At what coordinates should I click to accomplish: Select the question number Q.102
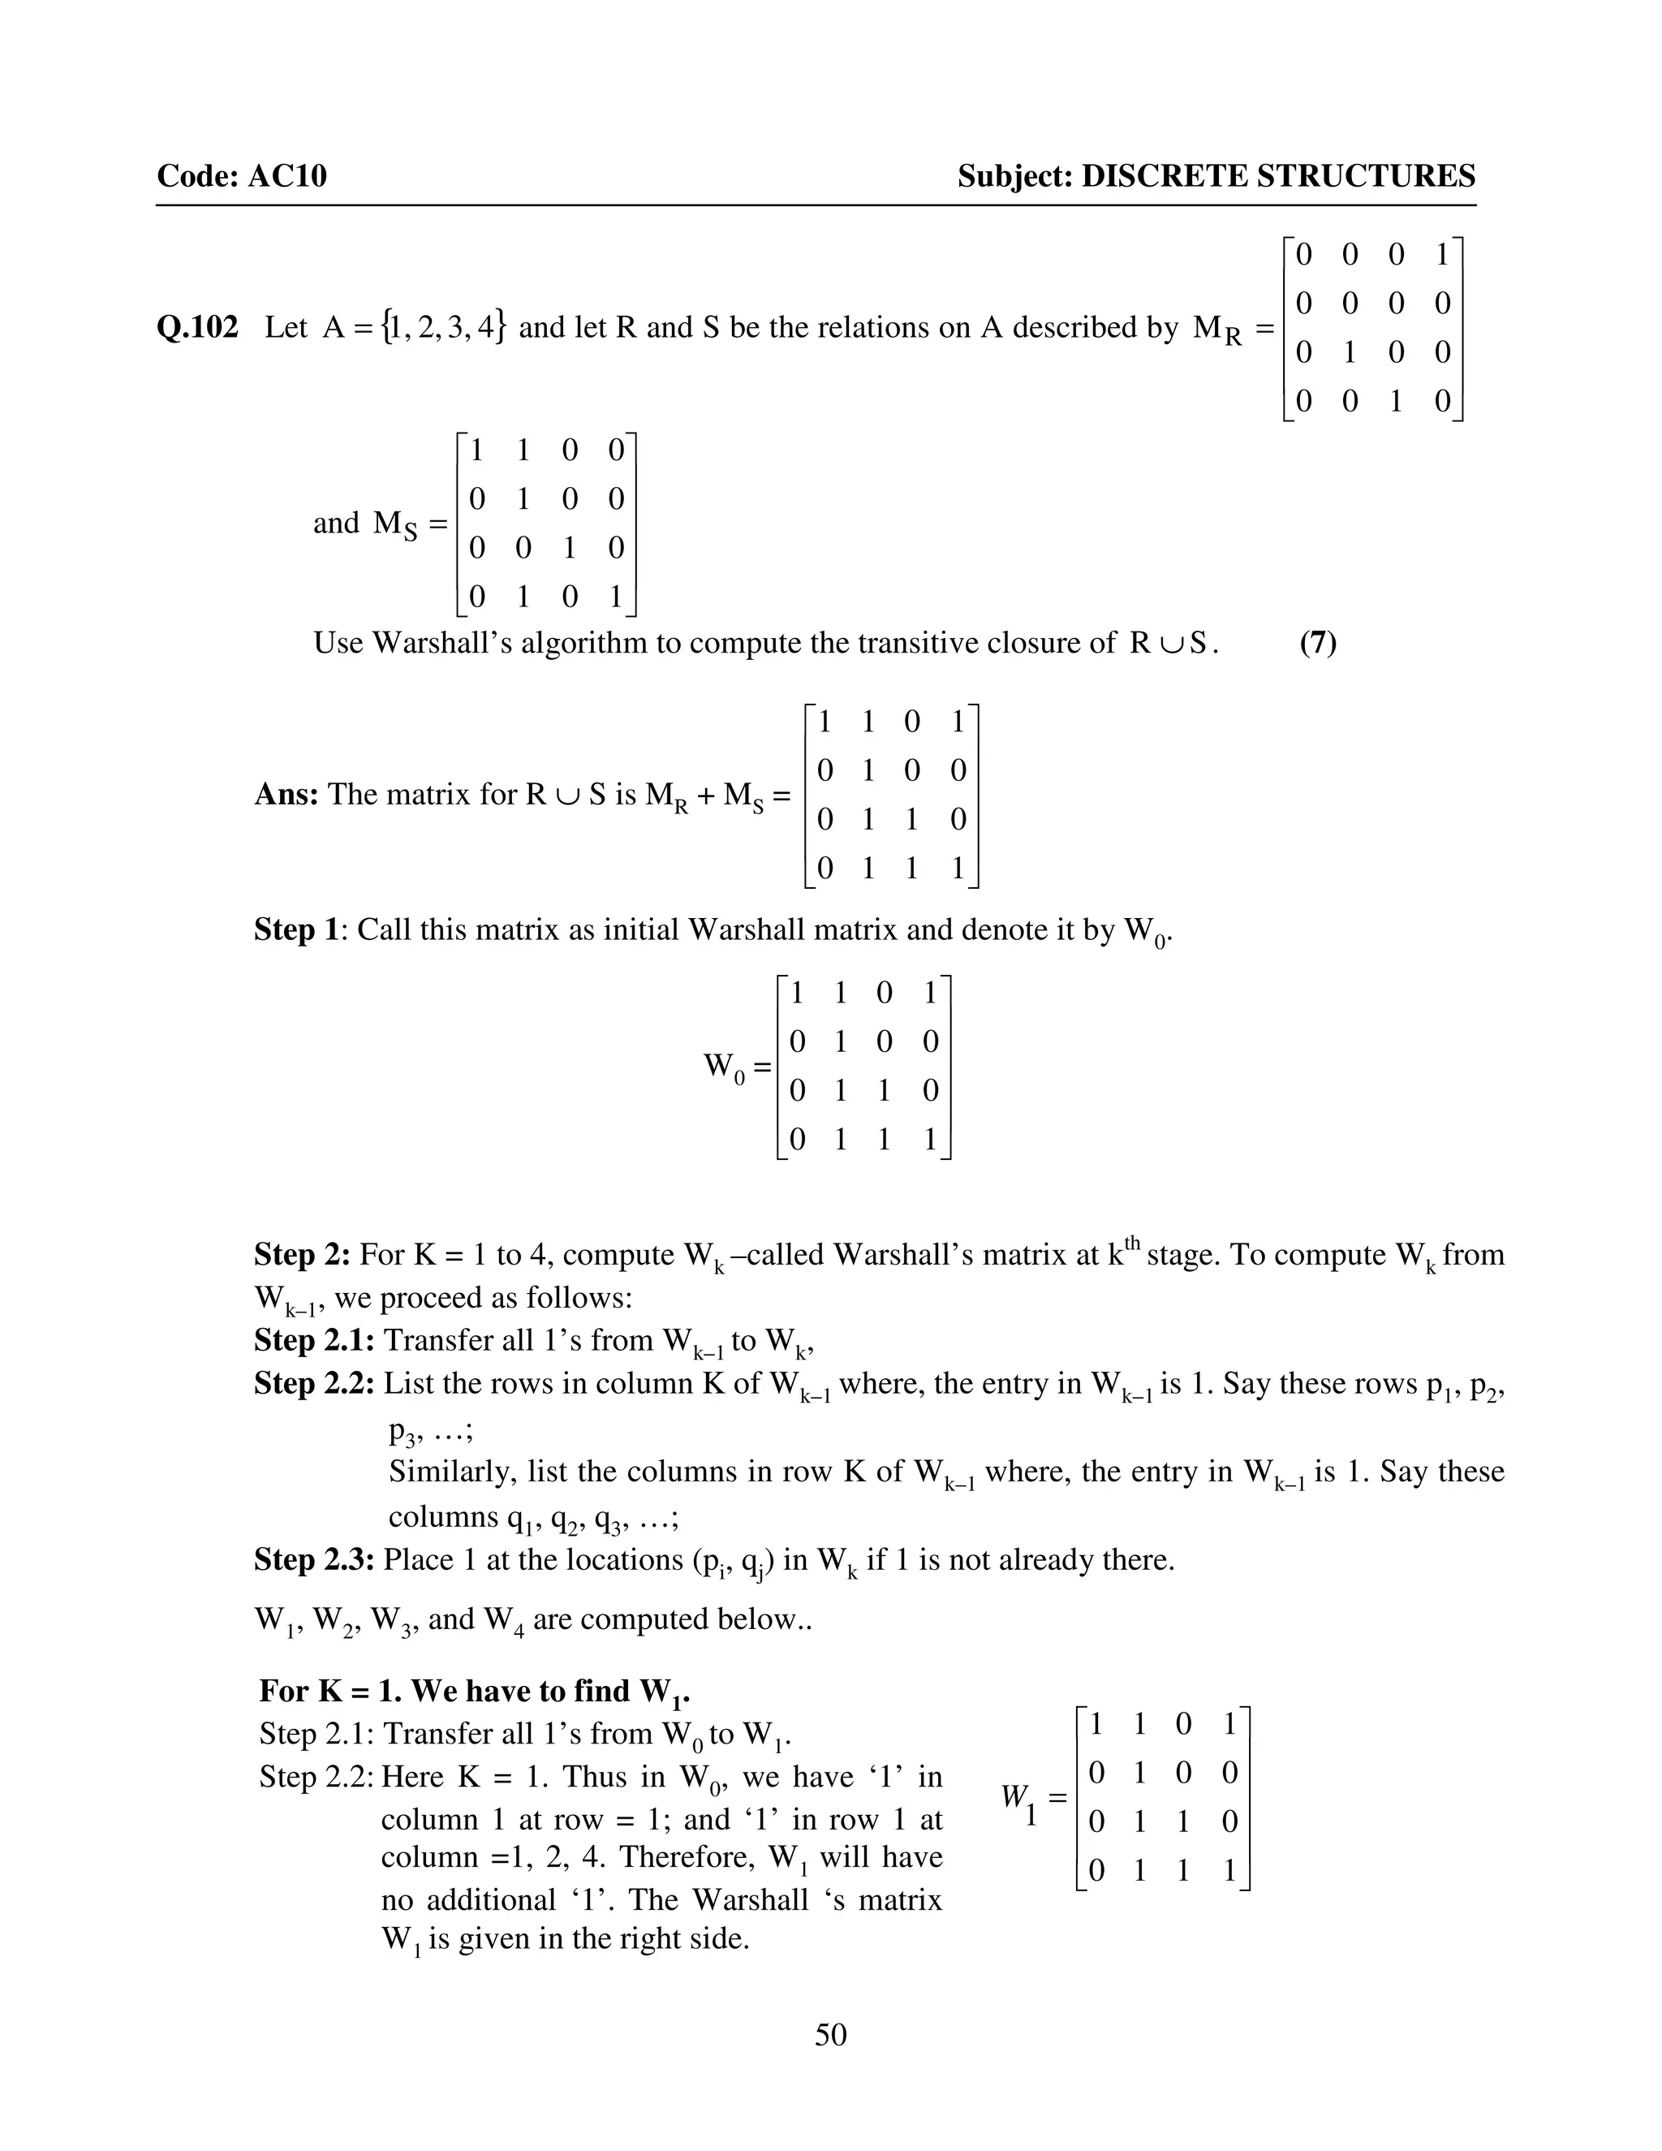coord(197,328)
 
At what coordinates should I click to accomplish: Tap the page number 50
coord(830,2034)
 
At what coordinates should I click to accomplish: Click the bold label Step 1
coord(299,929)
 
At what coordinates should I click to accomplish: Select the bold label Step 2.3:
coord(314,1559)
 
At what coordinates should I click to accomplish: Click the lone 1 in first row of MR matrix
coord(1441,256)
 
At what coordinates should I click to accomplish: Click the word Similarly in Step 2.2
coord(452,1472)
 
